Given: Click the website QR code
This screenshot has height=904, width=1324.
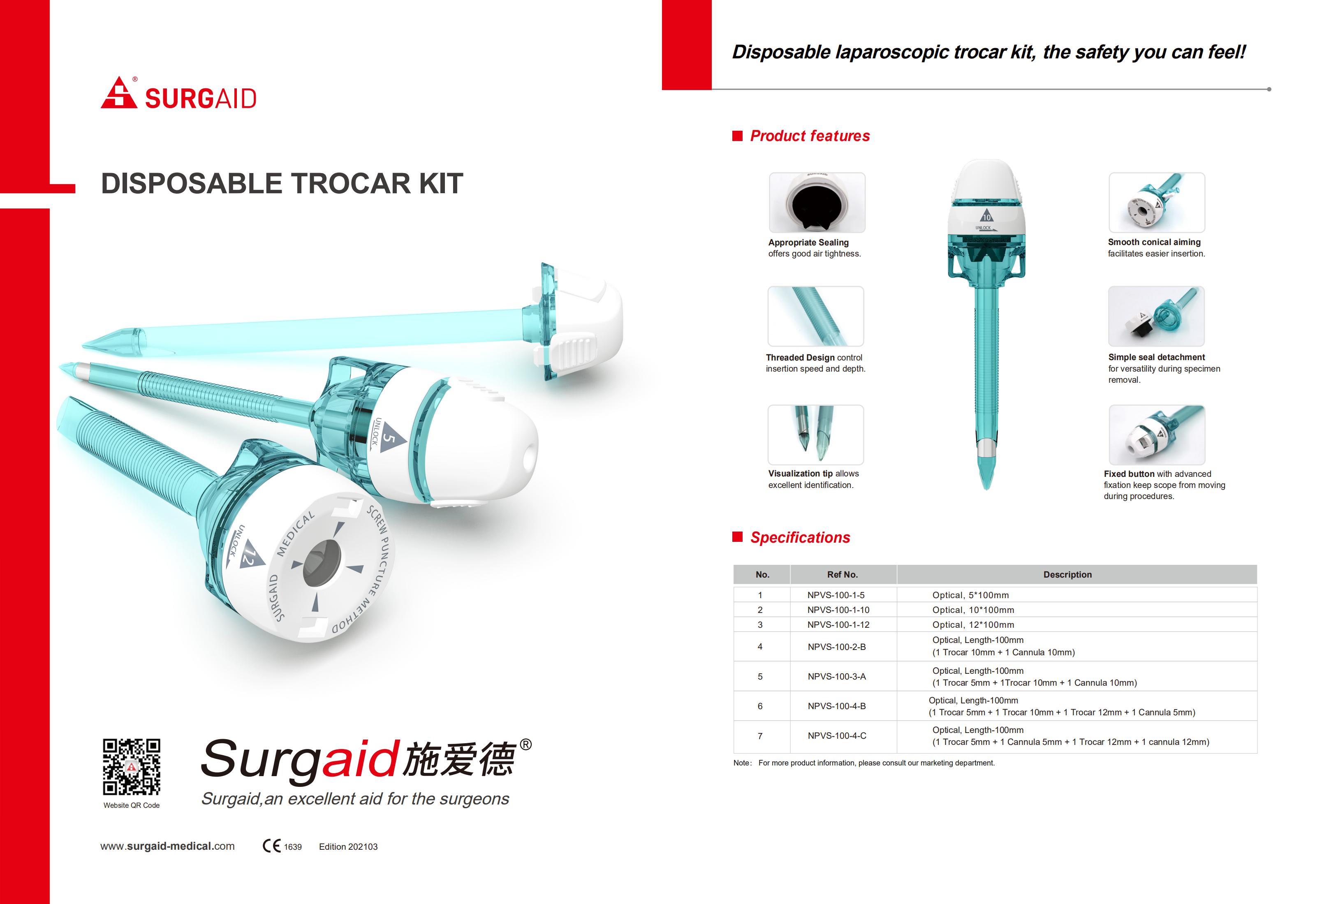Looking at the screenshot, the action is pos(132,767).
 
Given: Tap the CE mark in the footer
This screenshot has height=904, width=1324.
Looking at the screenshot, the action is pos(271,846).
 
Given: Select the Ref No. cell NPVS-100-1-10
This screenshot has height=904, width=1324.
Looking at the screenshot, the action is pos(838,610).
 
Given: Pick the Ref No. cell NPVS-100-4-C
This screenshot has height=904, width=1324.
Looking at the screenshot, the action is pos(837,736).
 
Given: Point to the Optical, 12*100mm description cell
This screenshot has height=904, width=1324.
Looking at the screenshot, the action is pos(973,625).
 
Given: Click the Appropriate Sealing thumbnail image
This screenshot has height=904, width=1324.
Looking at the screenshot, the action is pos(817,203).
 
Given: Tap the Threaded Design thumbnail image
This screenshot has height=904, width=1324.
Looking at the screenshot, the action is pos(816,317).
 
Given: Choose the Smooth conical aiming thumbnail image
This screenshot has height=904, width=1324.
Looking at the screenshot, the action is pos(1157,202).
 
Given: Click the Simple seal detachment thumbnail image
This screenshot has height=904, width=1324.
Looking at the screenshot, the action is pos(1156,317).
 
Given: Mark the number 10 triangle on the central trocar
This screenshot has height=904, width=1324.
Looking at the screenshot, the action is pos(986,216).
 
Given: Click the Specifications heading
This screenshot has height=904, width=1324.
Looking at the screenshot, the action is pos(800,537).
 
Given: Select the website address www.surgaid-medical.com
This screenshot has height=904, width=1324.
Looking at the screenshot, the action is pos(167,846).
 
